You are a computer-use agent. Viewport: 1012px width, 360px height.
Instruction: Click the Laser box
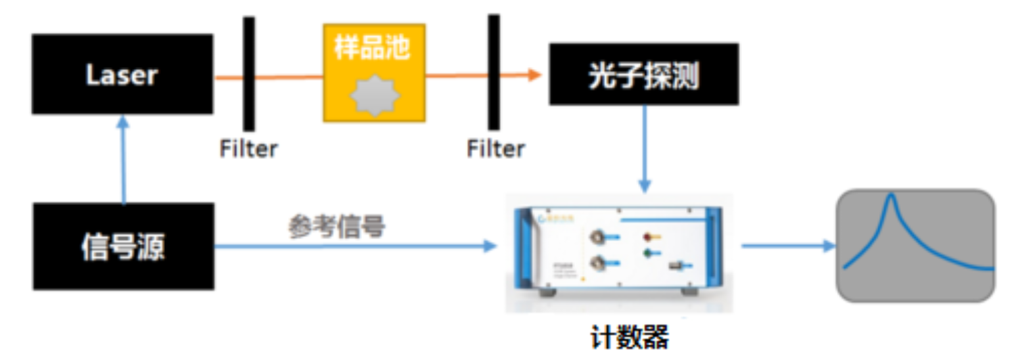point(122,74)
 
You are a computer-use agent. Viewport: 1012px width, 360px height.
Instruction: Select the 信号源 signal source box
point(123,246)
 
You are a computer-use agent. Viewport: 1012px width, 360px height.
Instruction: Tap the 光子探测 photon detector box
point(643,74)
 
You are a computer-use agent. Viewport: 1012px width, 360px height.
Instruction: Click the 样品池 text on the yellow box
point(373,47)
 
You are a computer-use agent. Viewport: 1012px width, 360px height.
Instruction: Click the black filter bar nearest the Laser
point(248,74)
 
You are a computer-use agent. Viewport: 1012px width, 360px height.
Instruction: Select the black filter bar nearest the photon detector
point(493,72)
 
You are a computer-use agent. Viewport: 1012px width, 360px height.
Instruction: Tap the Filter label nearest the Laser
point(248,149)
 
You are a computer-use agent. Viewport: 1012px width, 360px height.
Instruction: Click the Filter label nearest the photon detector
point(496,149)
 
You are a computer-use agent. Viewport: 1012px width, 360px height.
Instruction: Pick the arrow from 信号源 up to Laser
point(122,161)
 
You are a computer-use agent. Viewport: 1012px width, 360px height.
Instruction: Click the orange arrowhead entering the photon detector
point(534,75)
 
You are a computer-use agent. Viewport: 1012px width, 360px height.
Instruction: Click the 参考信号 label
point(336,227)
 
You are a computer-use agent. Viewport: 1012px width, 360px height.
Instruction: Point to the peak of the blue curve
point(892,196)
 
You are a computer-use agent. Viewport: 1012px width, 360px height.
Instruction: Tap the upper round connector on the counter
point(597,235)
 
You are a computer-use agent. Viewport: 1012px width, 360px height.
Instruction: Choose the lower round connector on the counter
point(597,263)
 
